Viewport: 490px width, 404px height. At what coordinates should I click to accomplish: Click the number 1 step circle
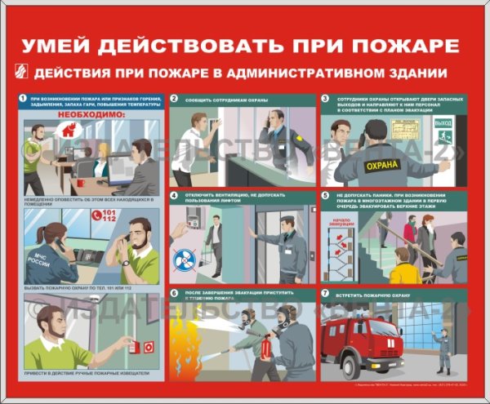[x=23, y=99]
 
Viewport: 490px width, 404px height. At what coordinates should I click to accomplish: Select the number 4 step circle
[x=175, y=196]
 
